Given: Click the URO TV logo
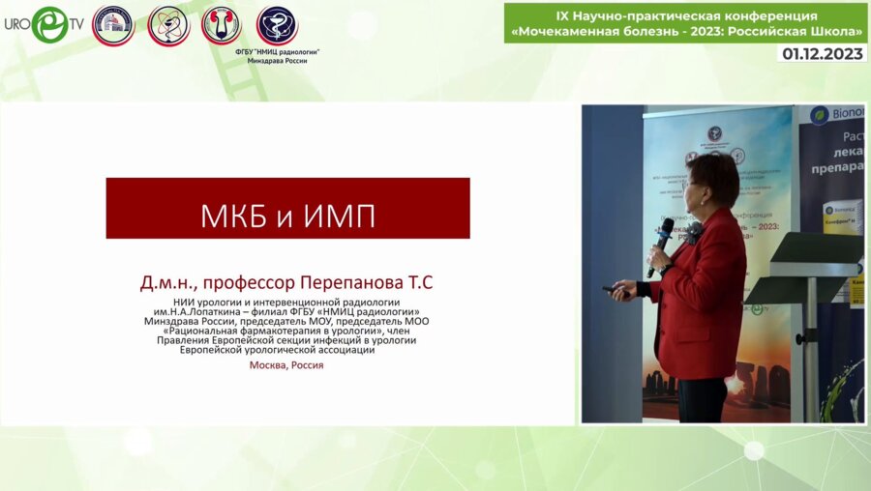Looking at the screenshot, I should [44, 24].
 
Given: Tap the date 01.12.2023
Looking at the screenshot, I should [822, 53].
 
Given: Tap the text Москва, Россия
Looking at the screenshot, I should [286, 365].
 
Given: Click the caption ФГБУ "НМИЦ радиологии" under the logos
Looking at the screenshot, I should [277, 51].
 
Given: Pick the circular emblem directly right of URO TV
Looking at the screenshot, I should [113, 25].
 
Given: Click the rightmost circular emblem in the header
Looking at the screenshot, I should [277, 24].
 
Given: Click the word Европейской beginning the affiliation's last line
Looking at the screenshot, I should [214, 349].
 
